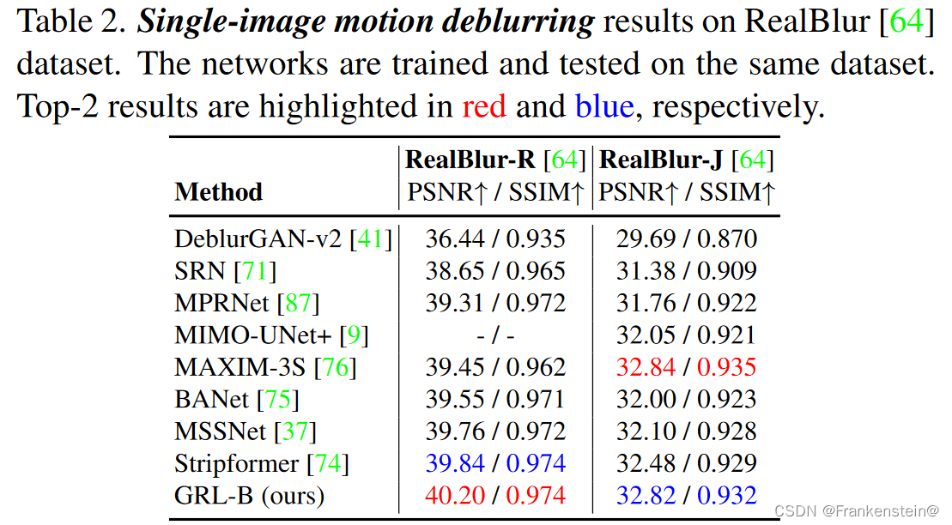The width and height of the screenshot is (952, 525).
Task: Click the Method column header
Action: tap(218, 191)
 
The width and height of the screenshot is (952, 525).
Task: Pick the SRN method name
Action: tap(201, 272)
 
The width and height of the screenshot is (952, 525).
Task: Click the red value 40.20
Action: tap(455, 495)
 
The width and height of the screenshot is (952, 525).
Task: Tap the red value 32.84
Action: tap(644, 367)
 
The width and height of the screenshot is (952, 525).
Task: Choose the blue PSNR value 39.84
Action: tap(455, 463)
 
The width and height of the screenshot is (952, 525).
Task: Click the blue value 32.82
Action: tap(644, 495)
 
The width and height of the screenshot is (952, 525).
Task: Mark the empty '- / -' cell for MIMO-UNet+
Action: tap(496, 335)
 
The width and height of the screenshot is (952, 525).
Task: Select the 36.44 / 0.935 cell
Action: tap(496, 239)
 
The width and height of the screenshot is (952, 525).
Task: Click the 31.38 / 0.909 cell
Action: tap(686, 272)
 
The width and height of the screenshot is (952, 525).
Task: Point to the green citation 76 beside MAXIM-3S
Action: tap(335, 367)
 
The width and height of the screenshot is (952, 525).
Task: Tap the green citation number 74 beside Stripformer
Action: tap(328, 463)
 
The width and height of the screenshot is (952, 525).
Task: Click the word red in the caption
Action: tap(484, 107)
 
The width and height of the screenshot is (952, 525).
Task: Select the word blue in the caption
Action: tap(604, 107)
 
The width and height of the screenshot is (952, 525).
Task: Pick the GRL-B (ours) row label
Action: tap(249, 495)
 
